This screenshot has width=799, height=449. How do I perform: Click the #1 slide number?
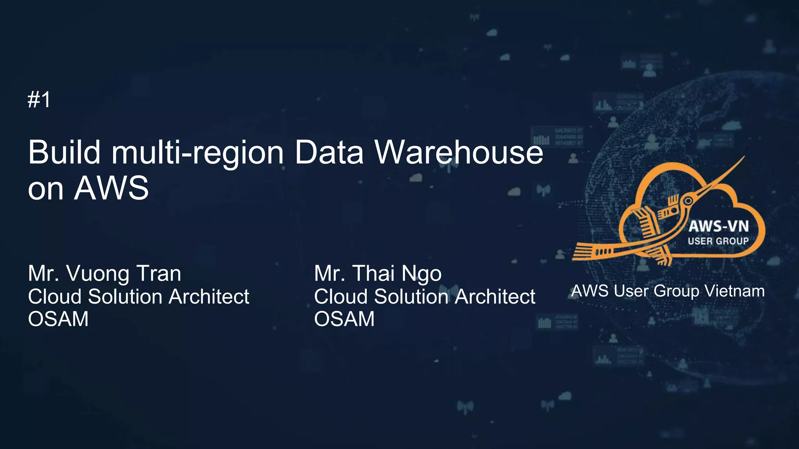[x=39, y=100]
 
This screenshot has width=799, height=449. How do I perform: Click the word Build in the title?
[x=64, y=152]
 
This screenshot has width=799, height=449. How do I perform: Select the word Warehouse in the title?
[x=459, y=152]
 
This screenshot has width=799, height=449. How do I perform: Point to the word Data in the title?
[x=329, y=152]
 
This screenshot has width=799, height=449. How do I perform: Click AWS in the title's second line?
[x=112, y=188]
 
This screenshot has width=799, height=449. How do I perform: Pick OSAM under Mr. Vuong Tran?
[x=59, y=319]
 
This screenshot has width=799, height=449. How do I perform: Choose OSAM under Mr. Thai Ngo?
[x=344, y=319]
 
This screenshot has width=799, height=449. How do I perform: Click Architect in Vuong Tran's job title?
[x=209, y=297]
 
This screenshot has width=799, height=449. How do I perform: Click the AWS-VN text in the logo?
[x=719, y=226]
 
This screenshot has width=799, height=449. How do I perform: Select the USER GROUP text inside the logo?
[x=718, y=241]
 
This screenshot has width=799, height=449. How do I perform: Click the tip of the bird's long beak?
[x=744, y=157]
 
